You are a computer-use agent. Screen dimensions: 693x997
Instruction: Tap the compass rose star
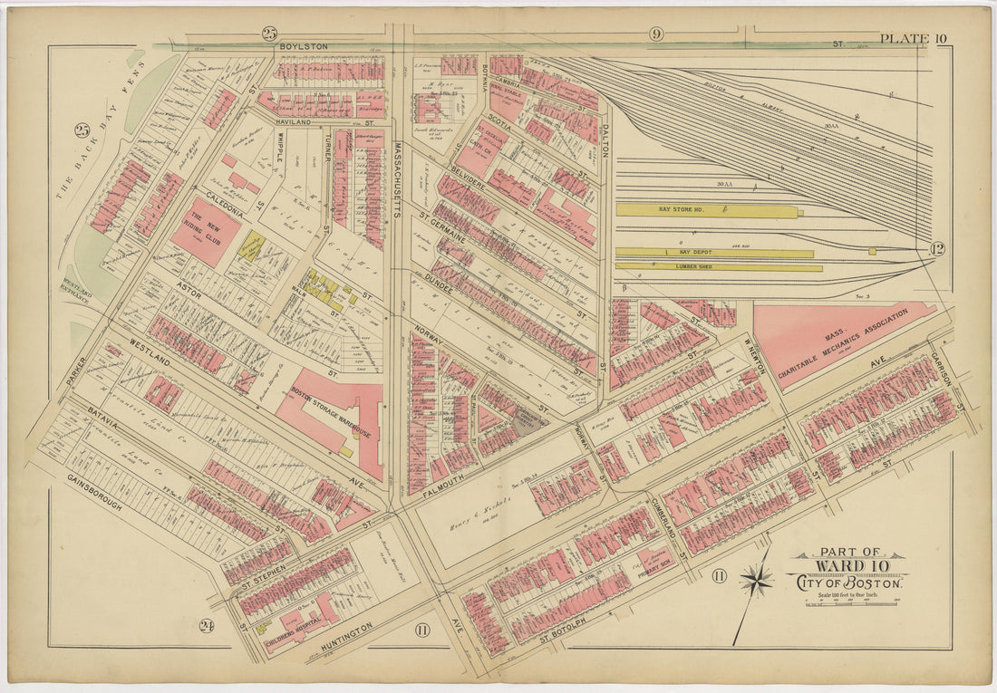click(757, 578)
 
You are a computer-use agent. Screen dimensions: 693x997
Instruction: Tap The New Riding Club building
click(206, 232)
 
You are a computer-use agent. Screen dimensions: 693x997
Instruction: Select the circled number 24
click(207, 625)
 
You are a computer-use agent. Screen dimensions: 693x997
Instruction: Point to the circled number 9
click(656, 34)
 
